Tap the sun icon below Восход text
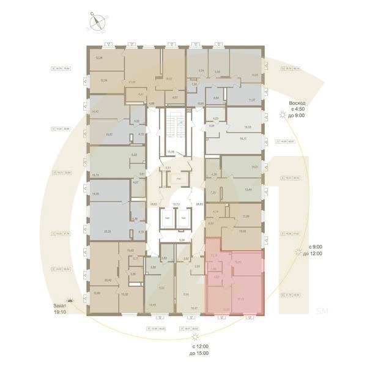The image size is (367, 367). click(281, 116)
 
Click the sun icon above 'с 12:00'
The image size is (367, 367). click(195, 336)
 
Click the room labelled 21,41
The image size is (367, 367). click(132, 81)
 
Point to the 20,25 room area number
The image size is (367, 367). click(108, 232)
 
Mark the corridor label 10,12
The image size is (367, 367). click(176, 204)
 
